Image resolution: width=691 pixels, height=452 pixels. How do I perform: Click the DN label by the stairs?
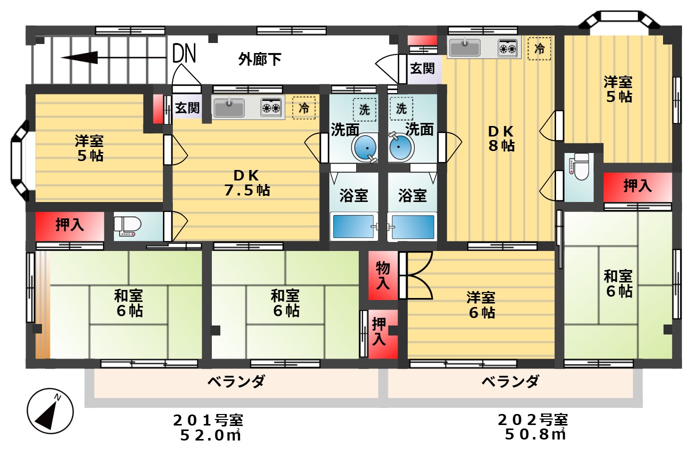184,53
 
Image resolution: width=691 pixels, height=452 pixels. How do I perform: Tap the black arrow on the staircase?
80,58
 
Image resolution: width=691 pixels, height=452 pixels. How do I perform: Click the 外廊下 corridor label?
259,59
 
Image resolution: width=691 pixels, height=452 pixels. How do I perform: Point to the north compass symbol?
50,411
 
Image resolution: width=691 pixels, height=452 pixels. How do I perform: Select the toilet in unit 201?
128,226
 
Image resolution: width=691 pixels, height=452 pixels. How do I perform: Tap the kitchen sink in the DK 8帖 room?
465,48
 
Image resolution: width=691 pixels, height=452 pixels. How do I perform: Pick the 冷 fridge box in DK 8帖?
540,48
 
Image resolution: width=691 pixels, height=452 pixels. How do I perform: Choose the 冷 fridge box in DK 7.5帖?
304,107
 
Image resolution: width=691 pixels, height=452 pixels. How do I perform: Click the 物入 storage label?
383,275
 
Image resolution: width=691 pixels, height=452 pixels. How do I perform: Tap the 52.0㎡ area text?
210,435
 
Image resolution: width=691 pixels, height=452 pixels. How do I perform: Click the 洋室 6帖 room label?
481,305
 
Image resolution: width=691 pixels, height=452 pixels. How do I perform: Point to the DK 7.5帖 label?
246,182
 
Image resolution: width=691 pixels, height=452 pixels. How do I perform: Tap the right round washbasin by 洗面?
401,147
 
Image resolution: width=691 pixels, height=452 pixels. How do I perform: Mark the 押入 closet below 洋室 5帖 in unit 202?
637,186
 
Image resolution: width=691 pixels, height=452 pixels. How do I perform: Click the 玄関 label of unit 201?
187,107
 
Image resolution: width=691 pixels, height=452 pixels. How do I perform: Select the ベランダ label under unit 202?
510,382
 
